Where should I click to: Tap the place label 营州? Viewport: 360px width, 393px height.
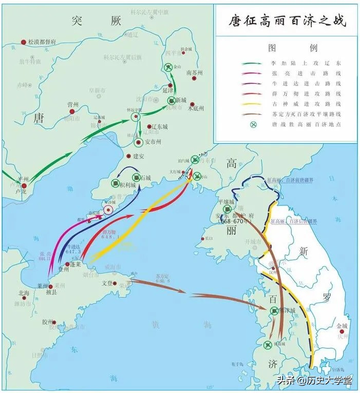coord(72,104)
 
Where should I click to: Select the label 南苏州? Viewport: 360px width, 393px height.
coord(195,73)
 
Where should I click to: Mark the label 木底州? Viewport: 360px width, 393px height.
coord(196,108)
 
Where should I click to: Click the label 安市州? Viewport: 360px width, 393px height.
coord(151,142)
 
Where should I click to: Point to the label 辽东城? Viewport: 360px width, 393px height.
coord(157,126)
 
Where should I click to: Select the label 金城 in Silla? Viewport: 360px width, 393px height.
coord(342,325)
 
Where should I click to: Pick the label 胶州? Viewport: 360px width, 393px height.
coord(48,322)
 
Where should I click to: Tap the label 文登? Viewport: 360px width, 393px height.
coord(107,283)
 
